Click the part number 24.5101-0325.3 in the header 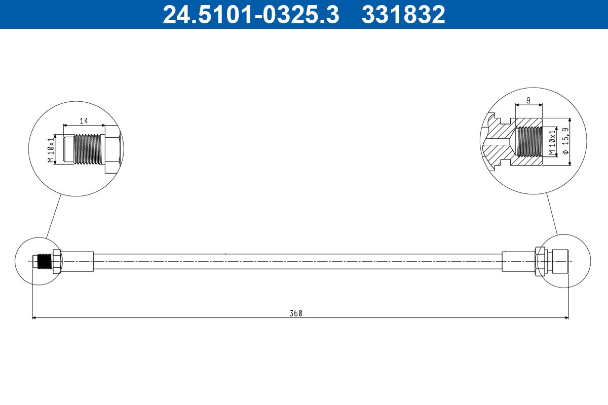click(250, 14)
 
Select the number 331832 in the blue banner click(403, 14)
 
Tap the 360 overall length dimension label click(296, 313)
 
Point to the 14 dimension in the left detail click(83, 121)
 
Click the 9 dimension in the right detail click(528, 101)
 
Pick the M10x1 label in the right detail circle click(552, 142)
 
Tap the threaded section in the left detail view click(87, 149)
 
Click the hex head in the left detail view click(112, 149)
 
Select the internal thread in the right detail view click(529, 142)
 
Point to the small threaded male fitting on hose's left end click(43, 261)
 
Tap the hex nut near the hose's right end click(540, 261)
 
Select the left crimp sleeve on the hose click(78, 261)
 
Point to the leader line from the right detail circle click(552, 214)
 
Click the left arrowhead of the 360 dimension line click(35, 318)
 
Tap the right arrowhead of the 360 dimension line click(565, 318)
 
